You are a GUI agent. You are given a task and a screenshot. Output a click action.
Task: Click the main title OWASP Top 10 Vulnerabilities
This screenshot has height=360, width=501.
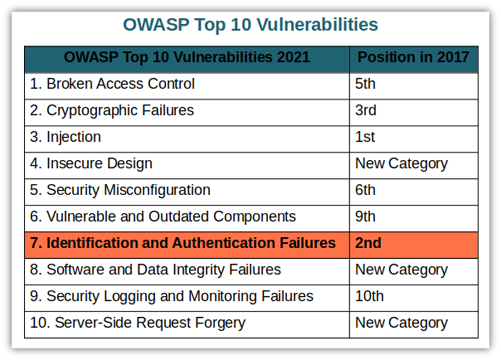(250, 24)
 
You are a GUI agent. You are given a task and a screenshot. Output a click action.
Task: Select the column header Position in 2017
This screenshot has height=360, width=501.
(413, 57)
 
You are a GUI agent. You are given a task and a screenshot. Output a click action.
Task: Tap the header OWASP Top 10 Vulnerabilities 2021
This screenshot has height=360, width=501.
(187, 57)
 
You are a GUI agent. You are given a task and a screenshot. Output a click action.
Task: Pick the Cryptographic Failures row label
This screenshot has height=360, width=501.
(112, 111)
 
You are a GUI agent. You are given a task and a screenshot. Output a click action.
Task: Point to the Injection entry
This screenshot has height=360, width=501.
(65, 137)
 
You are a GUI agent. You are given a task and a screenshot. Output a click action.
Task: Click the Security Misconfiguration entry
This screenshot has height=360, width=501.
(120, 190)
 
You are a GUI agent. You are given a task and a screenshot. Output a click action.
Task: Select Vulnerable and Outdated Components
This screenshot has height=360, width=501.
(163, 216)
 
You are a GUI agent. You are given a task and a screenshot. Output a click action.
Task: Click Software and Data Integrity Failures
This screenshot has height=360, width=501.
(156, 270)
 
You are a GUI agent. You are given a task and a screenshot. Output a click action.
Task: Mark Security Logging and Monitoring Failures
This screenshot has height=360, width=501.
(171, 296)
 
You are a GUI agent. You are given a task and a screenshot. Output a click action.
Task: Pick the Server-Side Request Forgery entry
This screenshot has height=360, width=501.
(138, 322)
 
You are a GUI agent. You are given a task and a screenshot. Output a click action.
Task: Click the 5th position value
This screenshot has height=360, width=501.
(365, 84)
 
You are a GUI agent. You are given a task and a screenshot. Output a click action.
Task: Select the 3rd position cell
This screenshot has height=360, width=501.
(366, 111)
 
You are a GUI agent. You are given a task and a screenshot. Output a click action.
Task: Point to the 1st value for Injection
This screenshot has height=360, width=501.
(365, 137)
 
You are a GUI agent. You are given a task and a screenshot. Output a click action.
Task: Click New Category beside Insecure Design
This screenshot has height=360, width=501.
(401, 164)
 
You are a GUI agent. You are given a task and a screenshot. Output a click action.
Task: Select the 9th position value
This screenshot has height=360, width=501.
(365, 216)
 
